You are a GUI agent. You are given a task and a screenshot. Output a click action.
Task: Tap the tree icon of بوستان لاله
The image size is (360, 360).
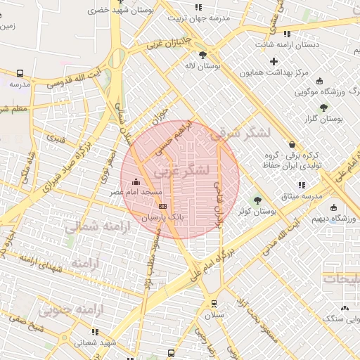click(x=203, y=55)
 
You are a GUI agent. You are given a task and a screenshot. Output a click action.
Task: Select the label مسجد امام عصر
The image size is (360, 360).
click(x=134, y=192)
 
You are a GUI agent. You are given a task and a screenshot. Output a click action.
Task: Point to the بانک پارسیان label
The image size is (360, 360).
click(x=162, y=217)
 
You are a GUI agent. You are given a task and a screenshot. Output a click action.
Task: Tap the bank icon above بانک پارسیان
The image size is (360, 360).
click(x=163, y=206)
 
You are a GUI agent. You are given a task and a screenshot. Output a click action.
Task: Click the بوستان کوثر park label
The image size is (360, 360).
click(x=255, y=211)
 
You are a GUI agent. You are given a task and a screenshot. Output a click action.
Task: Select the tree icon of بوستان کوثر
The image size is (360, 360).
click(x=256, y=200)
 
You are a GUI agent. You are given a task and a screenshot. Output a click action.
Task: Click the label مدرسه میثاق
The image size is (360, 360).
click(x=300, y=194)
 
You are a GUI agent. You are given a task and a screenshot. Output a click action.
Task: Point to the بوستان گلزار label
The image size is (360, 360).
click(x=327, y=119)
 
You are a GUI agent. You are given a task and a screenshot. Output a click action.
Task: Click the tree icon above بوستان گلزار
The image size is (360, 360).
click(x=323, y=108)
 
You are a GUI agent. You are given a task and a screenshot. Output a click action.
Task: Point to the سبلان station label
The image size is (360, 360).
click(x=214, y=315)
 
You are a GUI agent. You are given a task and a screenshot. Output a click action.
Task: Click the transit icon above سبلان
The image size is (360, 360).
click(x=214, y=304)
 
